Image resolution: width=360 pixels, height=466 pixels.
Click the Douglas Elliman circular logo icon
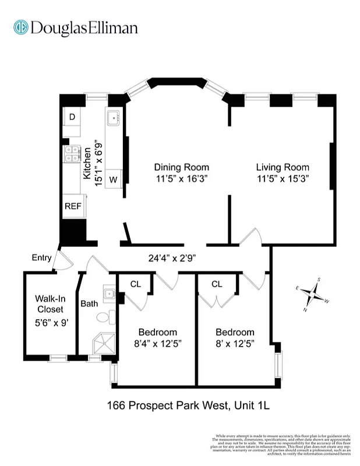point(22,27)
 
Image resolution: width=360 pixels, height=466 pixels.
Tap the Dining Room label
point(182,167)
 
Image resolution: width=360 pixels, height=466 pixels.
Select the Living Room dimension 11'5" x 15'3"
point(283,179)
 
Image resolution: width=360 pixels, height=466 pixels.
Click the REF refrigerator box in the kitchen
point(73,206)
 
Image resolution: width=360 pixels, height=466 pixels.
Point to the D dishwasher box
point(72,117)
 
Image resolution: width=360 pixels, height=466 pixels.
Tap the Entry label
point(41,258)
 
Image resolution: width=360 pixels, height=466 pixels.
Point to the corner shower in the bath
point(104,344)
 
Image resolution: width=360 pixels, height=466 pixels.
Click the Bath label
point(89,303)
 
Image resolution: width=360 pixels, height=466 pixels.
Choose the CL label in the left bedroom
point(135,284)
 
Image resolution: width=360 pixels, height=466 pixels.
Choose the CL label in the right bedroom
point(217,284)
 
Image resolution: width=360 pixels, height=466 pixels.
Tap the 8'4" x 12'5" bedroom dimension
point(157,344)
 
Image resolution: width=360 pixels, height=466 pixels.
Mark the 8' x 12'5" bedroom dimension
point(235,344)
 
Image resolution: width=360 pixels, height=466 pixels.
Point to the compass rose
point(313,295)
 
